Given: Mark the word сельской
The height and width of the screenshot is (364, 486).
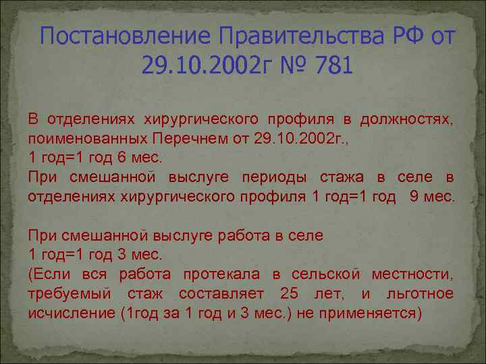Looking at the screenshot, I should (326, 275).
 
